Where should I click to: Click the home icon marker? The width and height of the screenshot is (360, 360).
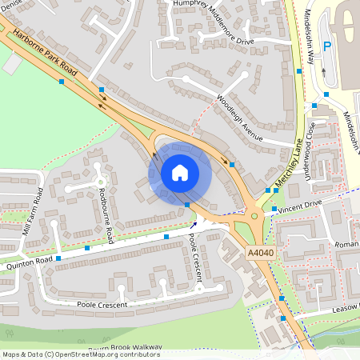tap(180, 173)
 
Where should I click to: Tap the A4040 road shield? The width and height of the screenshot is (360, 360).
tap(261, 252)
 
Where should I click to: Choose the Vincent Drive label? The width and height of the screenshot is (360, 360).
tap(301, 205)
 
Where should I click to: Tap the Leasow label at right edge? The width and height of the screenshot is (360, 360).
tap(345, 307)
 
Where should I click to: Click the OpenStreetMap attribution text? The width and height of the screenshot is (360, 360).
tap(80, 354)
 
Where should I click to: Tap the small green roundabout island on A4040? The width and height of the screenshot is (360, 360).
tap(254, 214)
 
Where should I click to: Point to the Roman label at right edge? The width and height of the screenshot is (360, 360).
tap(346, 243)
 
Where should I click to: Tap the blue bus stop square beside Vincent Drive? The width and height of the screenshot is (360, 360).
tap(274, 208)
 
